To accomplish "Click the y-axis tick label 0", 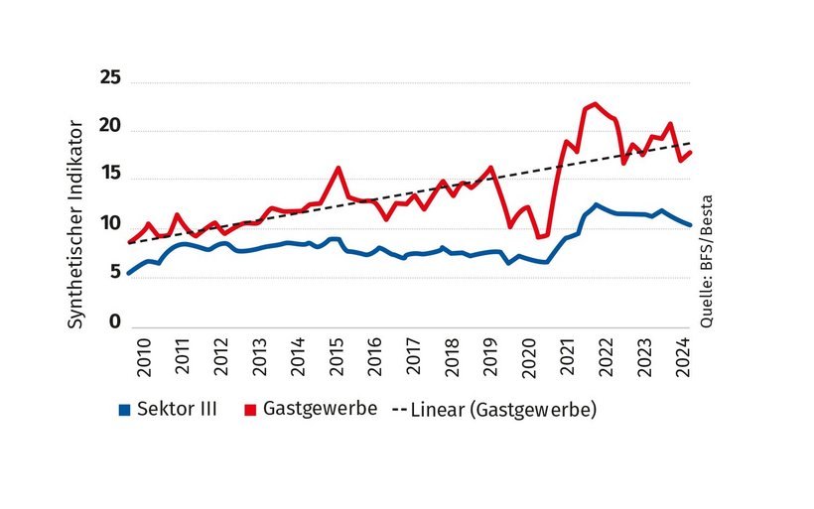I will (114, 321).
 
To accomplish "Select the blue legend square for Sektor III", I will (124, 409).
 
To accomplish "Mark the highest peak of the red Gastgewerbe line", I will (595, 103).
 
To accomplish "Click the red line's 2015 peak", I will (339, 168).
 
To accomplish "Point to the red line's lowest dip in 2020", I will (539, 237).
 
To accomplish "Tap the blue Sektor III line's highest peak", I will (596, 204).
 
